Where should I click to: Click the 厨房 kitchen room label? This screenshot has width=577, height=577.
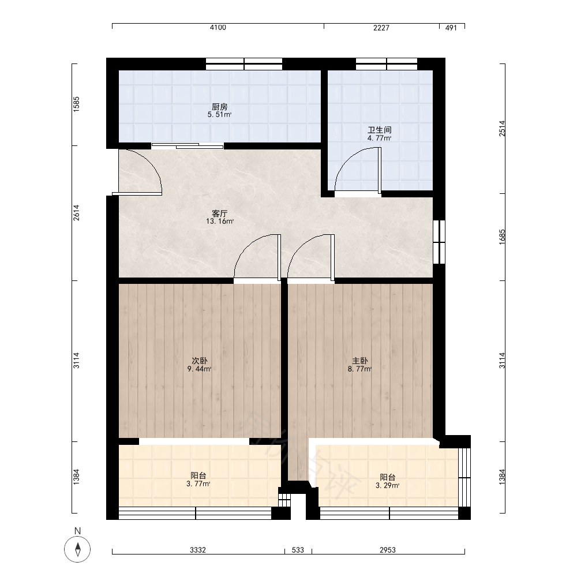pyautogui.click(x=220, y=107)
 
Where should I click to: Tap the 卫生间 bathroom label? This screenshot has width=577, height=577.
pyautogui.click(x=380, y=130)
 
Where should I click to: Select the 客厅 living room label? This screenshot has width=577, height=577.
pyautogui.click(x=220, y=213)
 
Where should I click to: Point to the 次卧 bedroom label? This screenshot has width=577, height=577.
pyautogui.click(x=199, y=361)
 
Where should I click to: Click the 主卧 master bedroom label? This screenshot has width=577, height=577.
pyautogui.click(x=359, y=361)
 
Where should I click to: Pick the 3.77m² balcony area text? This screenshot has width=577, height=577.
pyautogui.click(x=198, y=484)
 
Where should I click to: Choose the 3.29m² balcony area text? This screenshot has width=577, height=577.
pyautogui.click(x=388, y=486)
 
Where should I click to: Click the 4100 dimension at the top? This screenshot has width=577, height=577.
pyautogui.click(x=218, y=28)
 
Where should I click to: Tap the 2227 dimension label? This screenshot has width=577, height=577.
pyautogui.click(x=381, y=28)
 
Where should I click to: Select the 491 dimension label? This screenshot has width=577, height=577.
pyautogui.click(x=451, y=28)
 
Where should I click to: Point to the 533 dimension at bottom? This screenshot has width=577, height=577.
pyautogui.click(x=298, y=550)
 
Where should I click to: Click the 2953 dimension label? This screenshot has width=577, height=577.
pyautogui.click(x=388, y=550)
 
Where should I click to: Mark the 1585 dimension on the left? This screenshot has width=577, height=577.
pyautogui.click(x=76, y=104)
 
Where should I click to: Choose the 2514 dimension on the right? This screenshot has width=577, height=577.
pyautogui.click(x=503, y=129)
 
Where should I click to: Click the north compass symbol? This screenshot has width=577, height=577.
pyautogui.click(x=77, y=550)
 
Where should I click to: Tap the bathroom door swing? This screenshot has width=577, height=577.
pyautogui.click(x=358, y=170)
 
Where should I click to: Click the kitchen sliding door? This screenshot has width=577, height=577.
pyautogui.click(x=188, y=146)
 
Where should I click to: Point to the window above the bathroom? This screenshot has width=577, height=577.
pyautogui.click(x=387, y=64)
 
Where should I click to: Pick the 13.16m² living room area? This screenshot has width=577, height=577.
pyautogui.click(x=220, y=222)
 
